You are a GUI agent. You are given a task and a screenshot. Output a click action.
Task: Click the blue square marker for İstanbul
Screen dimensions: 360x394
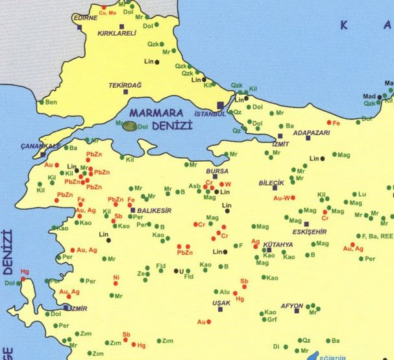tap(220, 105)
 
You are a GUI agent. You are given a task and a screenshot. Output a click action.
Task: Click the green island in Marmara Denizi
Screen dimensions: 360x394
tap(130, 125)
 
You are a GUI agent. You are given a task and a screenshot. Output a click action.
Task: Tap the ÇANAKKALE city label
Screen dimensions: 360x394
tap(40, 146)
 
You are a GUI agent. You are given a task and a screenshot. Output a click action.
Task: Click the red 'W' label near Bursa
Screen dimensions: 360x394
tap(228, 183)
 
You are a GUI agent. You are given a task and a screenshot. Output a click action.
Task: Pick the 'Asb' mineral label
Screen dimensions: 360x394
tap(195, 186)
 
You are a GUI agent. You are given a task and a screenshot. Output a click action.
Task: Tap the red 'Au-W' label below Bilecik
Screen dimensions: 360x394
tap(281, 198)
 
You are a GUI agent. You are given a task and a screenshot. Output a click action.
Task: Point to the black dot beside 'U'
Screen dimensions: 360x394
tap(173, 271)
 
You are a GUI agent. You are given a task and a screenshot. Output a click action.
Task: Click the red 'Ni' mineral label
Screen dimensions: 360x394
tap(117, 277)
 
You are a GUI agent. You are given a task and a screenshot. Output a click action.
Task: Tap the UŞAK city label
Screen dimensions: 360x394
tap(221, 303)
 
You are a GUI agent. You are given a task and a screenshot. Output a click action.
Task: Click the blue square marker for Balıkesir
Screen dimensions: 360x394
tap(132, 211)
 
